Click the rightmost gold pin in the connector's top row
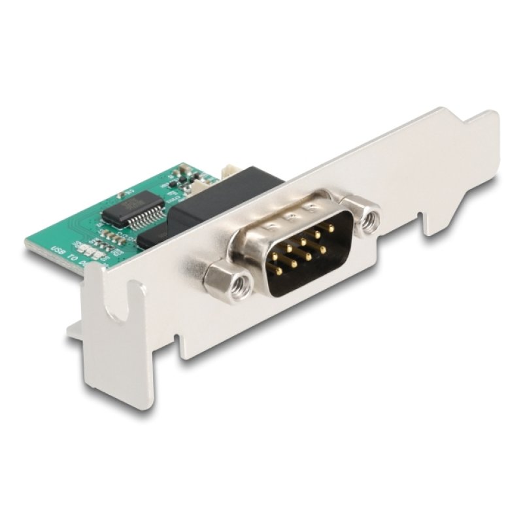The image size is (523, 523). click(x=332, y=228)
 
